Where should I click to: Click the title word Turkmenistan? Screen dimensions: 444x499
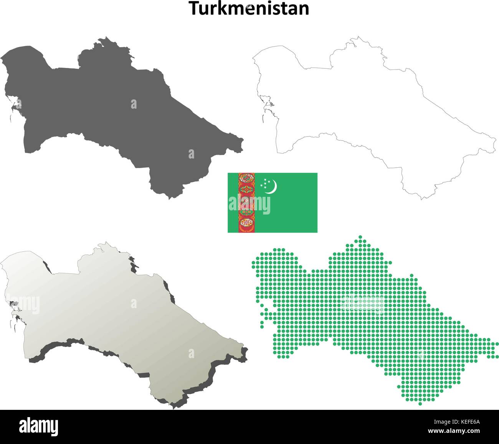249,9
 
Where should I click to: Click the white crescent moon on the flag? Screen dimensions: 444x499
272,187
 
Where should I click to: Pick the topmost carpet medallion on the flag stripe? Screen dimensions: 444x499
246,178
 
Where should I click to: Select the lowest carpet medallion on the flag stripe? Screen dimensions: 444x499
246,222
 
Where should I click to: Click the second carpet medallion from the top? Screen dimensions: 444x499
246,189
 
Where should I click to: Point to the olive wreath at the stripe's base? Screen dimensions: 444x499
246,229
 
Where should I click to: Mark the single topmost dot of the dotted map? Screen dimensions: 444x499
360,237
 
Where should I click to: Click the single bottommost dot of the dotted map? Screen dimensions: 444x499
420,403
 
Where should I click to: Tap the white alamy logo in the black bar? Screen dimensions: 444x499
38,427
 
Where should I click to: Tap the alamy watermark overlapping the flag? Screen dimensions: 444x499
249,204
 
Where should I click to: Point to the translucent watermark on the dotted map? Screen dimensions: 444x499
363,304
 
